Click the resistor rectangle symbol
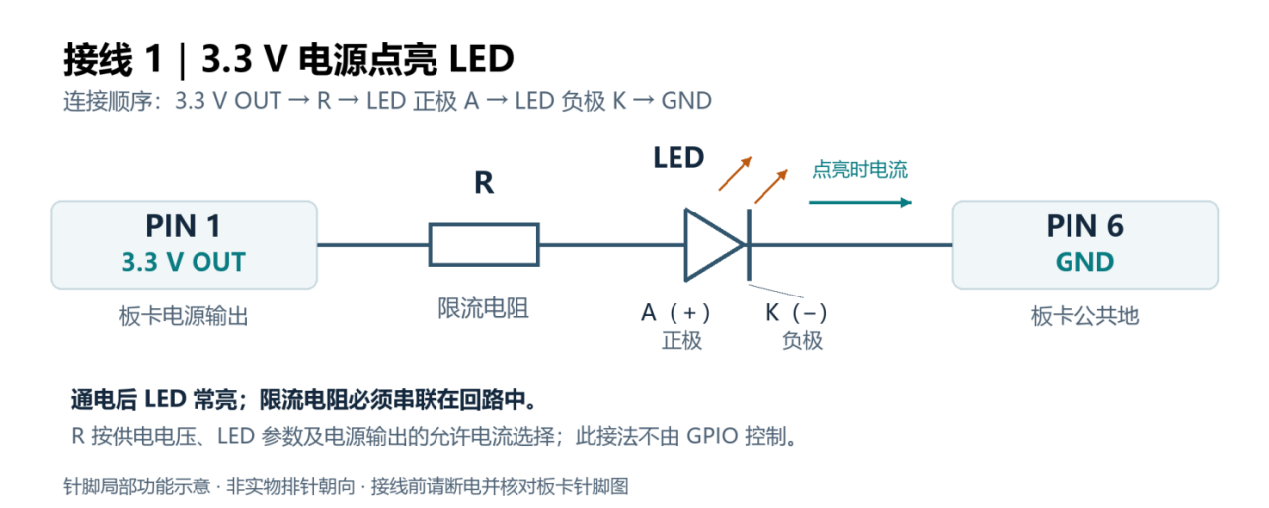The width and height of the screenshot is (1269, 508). [484, 245]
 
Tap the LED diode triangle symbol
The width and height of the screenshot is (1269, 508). [714, 245]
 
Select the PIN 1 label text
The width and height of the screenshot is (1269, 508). [183, 226]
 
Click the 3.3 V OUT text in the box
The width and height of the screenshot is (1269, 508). [184, 262]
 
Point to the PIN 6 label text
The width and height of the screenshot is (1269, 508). [1084, 226]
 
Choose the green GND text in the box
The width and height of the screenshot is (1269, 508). [1084, 262]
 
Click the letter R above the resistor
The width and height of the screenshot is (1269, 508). [484, 183]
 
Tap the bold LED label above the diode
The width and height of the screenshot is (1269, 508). [678, 157]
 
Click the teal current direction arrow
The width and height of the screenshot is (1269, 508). [860, 202]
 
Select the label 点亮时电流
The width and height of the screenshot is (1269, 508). [859, 170]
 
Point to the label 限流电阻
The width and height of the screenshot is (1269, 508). [483, 308]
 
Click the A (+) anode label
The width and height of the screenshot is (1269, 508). [675, 312]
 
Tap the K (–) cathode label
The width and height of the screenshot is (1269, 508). [796, 312]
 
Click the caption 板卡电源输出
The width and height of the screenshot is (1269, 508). [184, 316]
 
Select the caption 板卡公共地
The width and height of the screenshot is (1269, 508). [1084, 316]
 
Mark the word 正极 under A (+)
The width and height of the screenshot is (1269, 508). [681, 341]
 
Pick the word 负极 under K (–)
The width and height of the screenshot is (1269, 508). [802, 341]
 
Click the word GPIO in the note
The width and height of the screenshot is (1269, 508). [712, 436]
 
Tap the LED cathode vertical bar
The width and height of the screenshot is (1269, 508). [749, 245]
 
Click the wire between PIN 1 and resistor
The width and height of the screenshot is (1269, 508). [372, 245]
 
